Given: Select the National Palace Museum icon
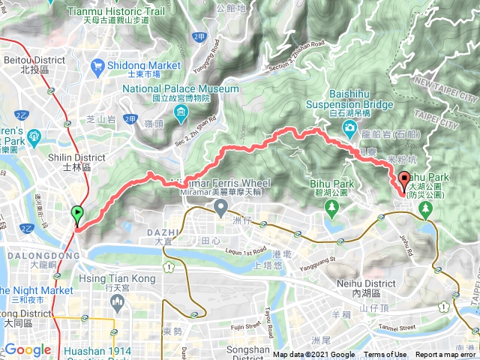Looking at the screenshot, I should click(181, 114).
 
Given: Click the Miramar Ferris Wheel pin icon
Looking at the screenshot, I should click(221, 208).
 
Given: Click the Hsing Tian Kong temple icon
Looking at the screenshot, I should click(115, 301).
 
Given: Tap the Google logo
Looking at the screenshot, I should click(28, 349).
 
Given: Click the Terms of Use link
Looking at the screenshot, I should click(385, 355).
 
